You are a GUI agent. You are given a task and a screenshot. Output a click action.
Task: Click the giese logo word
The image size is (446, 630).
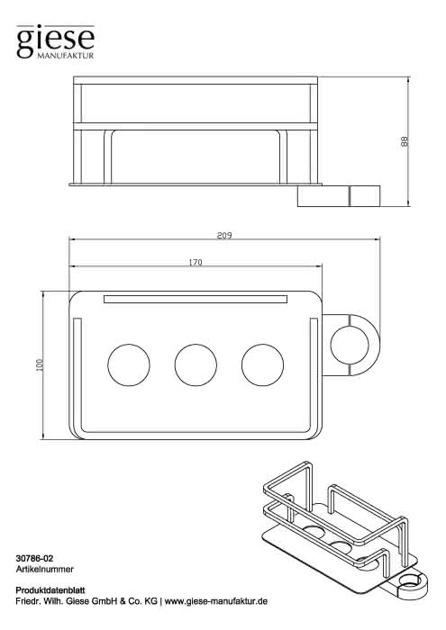pyautogui.click(x=55, y=41)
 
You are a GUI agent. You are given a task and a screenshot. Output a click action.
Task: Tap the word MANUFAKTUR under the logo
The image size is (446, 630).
pyautogui.click(x=65, y=56)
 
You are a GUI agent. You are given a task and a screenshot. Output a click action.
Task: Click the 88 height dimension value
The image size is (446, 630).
pyautogui.click(x=405, y=141)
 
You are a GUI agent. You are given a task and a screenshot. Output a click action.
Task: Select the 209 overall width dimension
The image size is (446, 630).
pyautogui.click(x=224, y=236)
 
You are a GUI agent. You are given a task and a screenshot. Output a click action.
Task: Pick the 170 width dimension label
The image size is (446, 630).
pyautogui.click(x=196, y=263)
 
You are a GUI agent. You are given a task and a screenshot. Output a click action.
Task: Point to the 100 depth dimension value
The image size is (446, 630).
pyautogui.click(x=40, y=364)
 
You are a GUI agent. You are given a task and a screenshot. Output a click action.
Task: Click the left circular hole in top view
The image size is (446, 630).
pyautogui.click(x=129, y=364)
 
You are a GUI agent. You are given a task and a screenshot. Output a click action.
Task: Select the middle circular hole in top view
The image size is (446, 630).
pyautogui.click(x=196, y=364)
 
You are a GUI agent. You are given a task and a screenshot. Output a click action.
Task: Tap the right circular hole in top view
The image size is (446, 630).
pyautogui.click(x=262, y=364)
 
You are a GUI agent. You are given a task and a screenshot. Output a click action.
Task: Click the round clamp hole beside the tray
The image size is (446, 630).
pyautogui.click(x=350, y=346)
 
